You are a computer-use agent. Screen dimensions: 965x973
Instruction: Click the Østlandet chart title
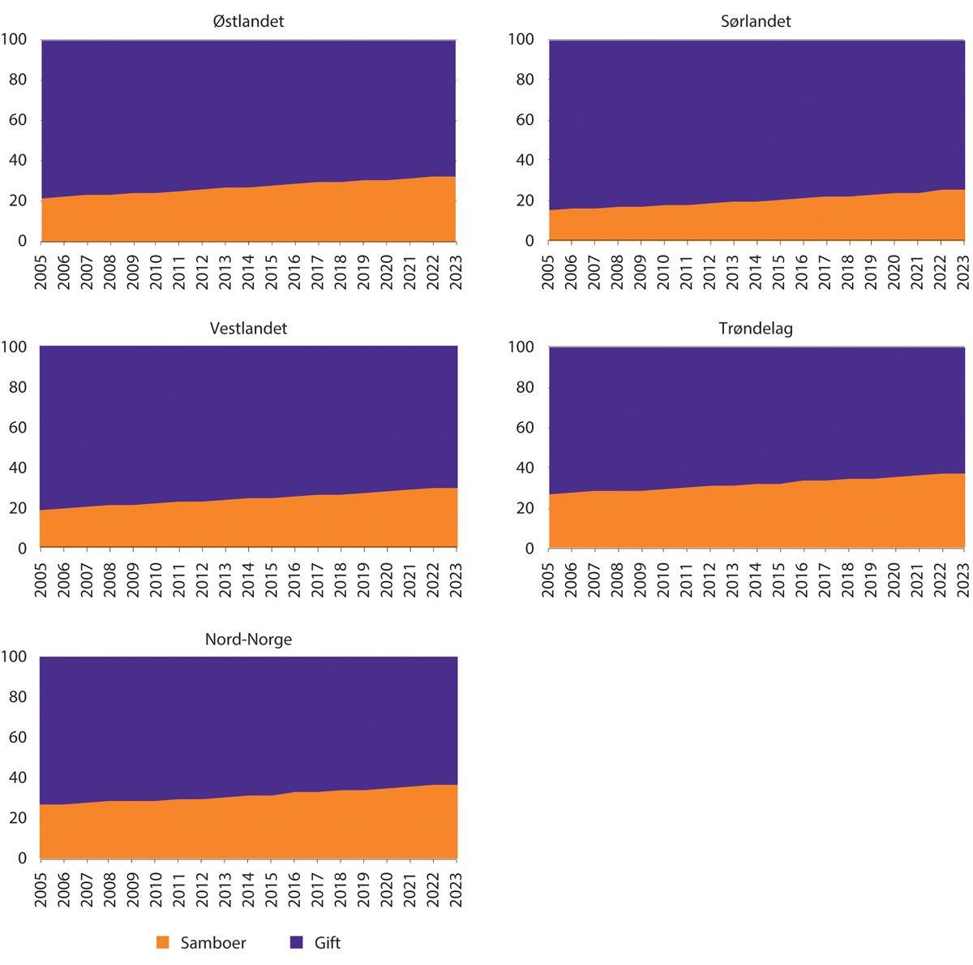click(x=248, y=21)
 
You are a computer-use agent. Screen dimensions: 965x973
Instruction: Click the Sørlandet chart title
click(x=756, y=21)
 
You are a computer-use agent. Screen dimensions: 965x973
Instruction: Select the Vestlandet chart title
click(x=248, y=329)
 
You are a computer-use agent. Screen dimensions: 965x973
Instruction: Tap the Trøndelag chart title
click(x=756, y=329)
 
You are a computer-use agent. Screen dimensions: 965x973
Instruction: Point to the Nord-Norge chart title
click(x=248, y=640)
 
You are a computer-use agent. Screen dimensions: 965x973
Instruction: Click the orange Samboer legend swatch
click(x=163, y=942)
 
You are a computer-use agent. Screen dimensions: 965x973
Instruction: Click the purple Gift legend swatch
click(x=297, y=942)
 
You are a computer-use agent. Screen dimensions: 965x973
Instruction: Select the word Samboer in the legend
click(x=213, y=943)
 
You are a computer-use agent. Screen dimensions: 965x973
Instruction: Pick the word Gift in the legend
click(x=328, y=943)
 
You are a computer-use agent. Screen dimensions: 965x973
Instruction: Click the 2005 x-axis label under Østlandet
click(x=41, y=266)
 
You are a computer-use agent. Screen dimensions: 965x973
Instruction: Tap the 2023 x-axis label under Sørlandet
click(x=964, y=266)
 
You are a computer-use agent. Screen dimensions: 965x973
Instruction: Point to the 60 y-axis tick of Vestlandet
click(x=17, y=428)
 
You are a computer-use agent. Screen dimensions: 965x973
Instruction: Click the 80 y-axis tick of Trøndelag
click(x=525, y=387)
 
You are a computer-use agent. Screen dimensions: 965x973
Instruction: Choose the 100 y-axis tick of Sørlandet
click(x=521, y=39)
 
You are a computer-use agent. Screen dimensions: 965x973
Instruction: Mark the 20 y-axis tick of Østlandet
click(x=17, y=200)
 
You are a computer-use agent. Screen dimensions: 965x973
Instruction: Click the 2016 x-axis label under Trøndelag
click(x=803, y=574)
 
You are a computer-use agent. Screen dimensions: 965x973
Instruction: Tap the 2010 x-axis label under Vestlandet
click(x=156, y=574)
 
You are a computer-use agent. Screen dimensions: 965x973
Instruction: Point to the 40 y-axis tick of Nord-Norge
click(x=17, y=778)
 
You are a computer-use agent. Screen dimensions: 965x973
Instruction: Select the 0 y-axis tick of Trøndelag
click(x=529, y=549)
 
